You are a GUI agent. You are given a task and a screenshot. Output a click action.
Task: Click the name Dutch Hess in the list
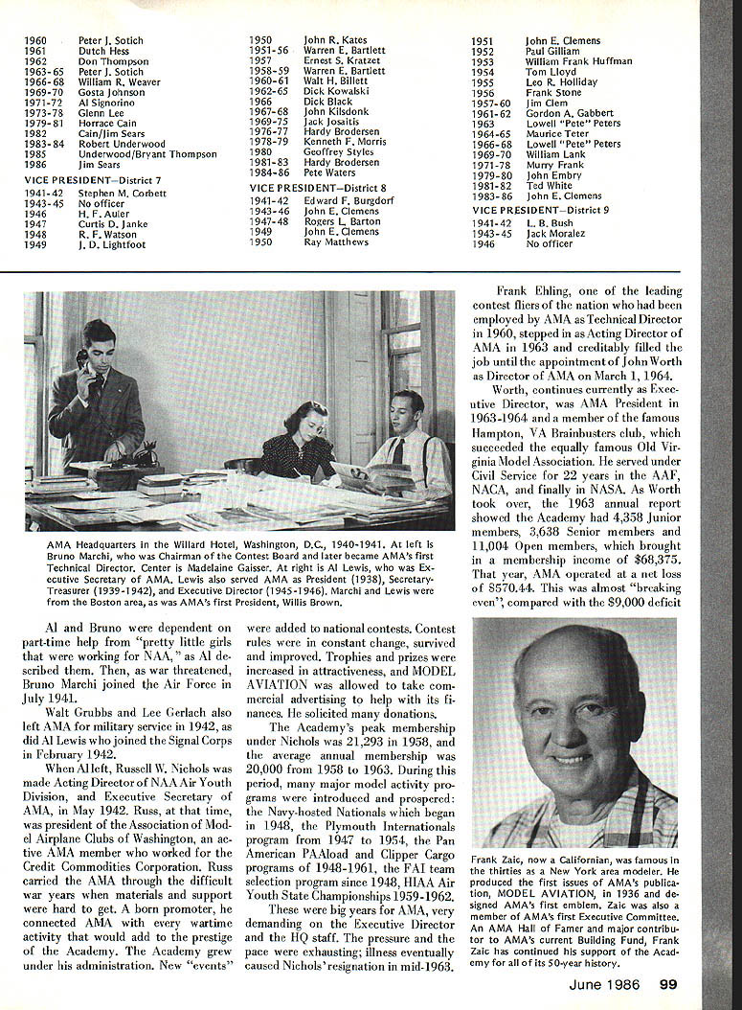(x=103, y=51)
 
